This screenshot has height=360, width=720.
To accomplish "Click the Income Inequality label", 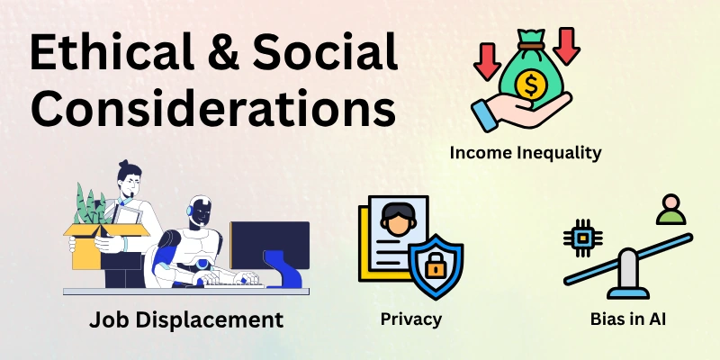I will tap(525, 152).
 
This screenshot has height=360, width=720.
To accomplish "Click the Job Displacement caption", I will tap(186, 319).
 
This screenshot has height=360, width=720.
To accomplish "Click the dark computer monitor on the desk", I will tap(269, 247).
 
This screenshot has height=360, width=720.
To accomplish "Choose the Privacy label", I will tap(410, 319).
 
